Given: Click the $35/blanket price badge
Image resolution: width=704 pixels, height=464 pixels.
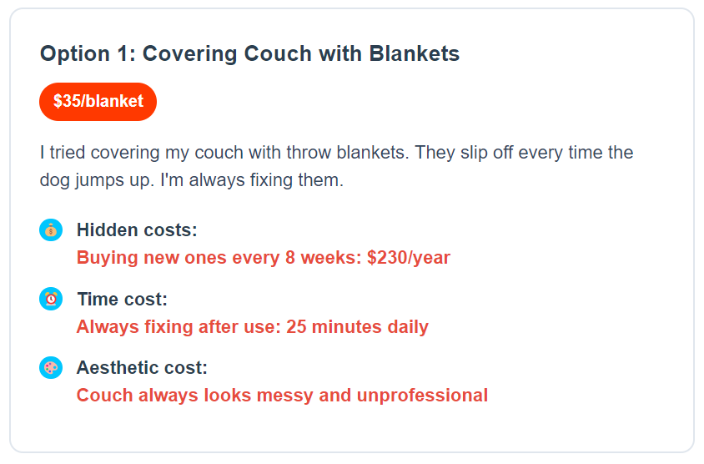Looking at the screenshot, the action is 98,102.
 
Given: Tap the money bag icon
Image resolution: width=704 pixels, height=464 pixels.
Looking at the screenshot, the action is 51,230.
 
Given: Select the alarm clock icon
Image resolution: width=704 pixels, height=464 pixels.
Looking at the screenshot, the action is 51,299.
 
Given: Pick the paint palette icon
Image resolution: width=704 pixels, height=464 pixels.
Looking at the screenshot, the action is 51,368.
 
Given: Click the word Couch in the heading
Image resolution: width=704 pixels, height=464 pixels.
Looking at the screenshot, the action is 278,53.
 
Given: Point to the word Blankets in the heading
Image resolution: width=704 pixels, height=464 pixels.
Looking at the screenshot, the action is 414,53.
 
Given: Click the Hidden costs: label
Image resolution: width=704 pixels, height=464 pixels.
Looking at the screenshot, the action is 137,230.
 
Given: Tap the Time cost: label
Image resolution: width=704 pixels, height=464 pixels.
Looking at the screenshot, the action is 122,299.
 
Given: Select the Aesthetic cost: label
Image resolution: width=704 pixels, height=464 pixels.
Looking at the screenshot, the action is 142,368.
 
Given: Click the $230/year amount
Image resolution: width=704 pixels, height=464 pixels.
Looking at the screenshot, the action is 409,258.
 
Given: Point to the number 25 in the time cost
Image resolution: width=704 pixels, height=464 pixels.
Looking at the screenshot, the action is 296,326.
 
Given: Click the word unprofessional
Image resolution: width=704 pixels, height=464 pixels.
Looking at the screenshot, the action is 422,396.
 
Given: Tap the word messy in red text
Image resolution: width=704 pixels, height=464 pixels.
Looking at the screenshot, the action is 284,396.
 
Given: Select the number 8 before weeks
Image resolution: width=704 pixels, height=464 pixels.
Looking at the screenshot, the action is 290,258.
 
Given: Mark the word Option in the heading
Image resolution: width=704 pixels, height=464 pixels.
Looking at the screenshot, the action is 75,54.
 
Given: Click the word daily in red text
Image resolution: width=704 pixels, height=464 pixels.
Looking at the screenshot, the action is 408,327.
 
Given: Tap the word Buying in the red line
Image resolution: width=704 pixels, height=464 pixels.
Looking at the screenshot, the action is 108,258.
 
